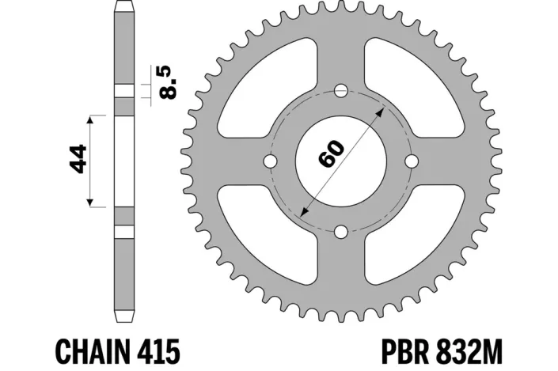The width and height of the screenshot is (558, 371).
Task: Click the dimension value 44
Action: tap(78, 161)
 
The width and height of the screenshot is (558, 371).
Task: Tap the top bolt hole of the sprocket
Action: tap(340, 90)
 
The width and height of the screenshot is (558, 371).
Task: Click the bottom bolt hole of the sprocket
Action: tap(340, 232)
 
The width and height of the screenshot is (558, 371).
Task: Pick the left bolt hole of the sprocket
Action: tap(270, 161)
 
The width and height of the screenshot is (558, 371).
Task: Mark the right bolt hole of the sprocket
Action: tap(412, 161)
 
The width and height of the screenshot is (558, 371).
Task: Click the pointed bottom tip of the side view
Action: tap(123, 320)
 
